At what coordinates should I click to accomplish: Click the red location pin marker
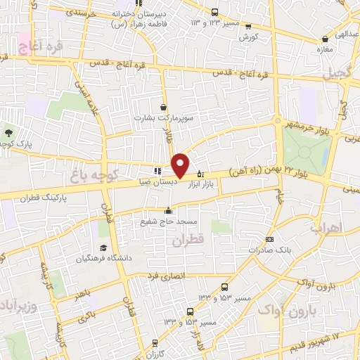tap(181, 165)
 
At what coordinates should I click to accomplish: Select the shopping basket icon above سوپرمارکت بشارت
tap(164, 108)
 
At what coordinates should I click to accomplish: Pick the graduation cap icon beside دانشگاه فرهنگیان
tap(103, 247)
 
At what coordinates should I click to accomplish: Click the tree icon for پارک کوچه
tap(8, 132)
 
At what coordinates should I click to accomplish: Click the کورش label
tap(248, 37)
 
